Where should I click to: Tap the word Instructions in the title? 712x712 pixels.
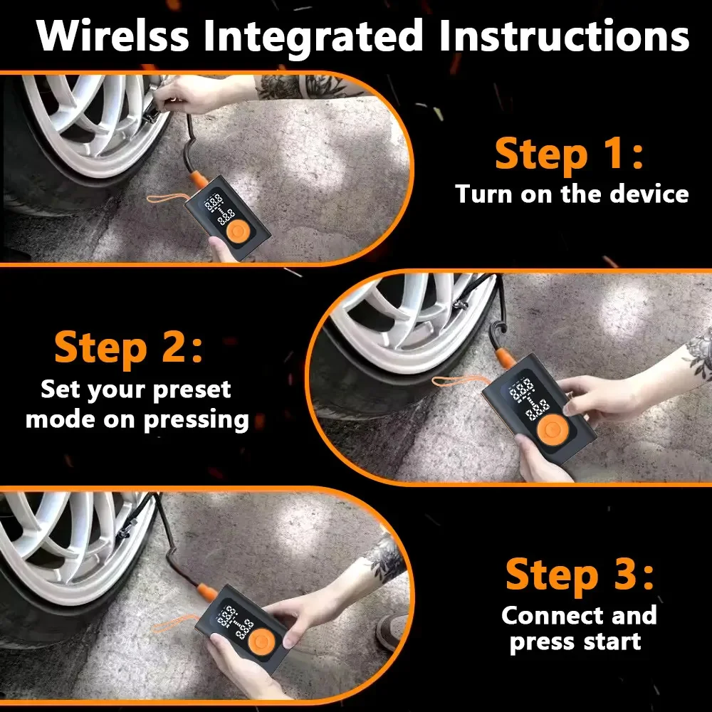[x=563, y=36]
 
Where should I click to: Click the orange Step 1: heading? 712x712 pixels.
[x=569, y=155]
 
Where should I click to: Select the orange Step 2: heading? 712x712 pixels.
[x=128, y=347]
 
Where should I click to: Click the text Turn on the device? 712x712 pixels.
[x=572, y=194]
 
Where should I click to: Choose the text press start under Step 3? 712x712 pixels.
[x=575, y=642]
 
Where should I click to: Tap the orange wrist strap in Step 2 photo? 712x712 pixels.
[x=456, y=382]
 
